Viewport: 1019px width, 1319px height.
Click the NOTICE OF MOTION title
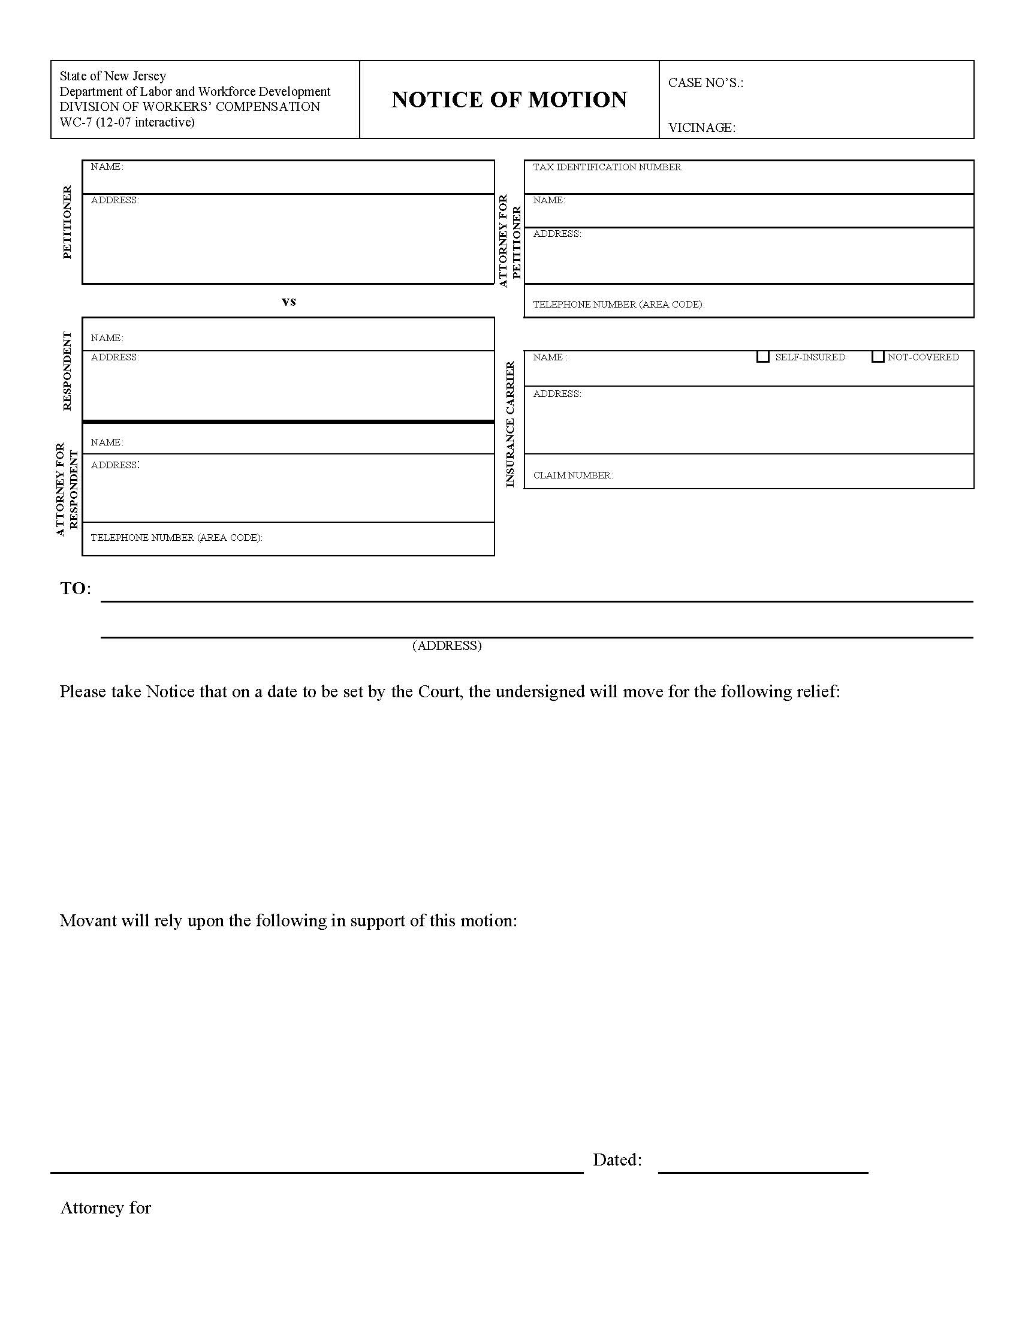tap(509, 100)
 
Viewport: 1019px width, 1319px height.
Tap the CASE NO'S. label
tap(705, 83)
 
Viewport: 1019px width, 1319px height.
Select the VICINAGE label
tap(701, 128)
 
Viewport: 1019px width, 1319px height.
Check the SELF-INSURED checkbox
tap(763, 357)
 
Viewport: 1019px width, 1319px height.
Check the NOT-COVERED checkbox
tap(878, 357)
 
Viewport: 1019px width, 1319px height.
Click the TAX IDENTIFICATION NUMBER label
tap(607, 167)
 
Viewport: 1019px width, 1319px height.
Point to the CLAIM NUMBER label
tap(572, 475)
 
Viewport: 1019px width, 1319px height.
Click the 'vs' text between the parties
tap(288, 301)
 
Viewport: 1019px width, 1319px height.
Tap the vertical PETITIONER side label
tap(67, 222)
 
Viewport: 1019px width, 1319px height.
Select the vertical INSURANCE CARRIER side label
tap(510, 424)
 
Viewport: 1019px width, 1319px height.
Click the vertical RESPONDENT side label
tap(67, 371)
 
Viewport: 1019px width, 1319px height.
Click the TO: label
tap(76, 588)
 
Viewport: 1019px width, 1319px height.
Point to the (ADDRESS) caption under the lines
tap(447, 646)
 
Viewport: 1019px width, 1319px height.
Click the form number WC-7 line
tap(126, 122)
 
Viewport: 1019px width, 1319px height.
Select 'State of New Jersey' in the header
tap(112, 76)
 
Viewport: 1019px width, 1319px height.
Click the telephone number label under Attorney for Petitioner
tap(618, 305)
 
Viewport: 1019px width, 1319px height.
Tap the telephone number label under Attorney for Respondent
tap(176, 538)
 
